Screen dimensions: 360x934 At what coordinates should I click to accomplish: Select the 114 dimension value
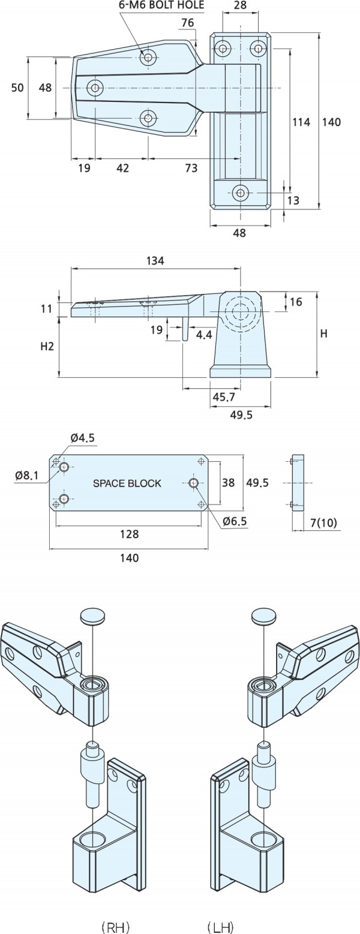[x=301, y=122]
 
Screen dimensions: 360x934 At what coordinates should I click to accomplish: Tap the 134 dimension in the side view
[x=155, y=260]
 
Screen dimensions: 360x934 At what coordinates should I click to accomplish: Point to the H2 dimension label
[x=47, y=346]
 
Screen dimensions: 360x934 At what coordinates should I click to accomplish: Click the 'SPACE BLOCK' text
[x=127, y=483]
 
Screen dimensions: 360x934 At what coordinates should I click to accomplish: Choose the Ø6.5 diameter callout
[x=235, y=521]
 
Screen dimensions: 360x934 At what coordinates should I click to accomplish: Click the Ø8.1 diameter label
[x=27, y=475]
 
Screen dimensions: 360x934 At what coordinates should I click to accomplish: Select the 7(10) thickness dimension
[x=324, y=523]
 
